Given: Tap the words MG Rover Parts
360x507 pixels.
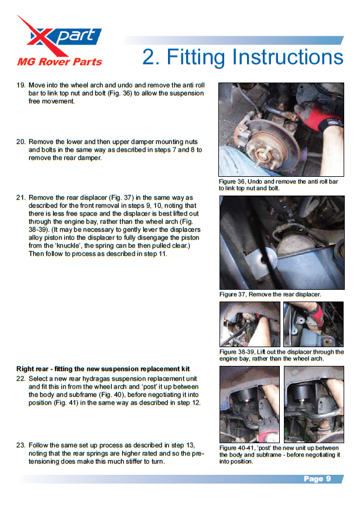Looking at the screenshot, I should tap(59, 61).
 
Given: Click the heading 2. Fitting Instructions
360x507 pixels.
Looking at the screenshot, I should tap(242, 57).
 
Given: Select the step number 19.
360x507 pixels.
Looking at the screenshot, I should tap(21, 85).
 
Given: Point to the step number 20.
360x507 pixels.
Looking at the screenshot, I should tap(21, 142).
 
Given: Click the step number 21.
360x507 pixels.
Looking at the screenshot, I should tap(21, 198).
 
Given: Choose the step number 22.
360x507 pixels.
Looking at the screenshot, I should tap(21, 379).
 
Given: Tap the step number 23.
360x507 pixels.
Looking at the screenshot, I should tap(21, 445).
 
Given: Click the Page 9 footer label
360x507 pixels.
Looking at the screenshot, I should tap(317, 479).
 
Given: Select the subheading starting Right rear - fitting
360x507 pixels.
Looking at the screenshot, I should tap(103, 369).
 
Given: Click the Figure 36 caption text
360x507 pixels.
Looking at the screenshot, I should tap(279, 185).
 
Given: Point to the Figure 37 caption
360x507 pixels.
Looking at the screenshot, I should tap(270, 294).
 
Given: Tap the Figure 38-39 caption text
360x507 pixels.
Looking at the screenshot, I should tap(281, 355).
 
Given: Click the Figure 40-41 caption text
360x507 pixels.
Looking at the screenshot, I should tap(280, 454).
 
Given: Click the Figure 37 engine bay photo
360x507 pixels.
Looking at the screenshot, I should tap(282, 242).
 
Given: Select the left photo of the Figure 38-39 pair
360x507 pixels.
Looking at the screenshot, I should tap(250, 324).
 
